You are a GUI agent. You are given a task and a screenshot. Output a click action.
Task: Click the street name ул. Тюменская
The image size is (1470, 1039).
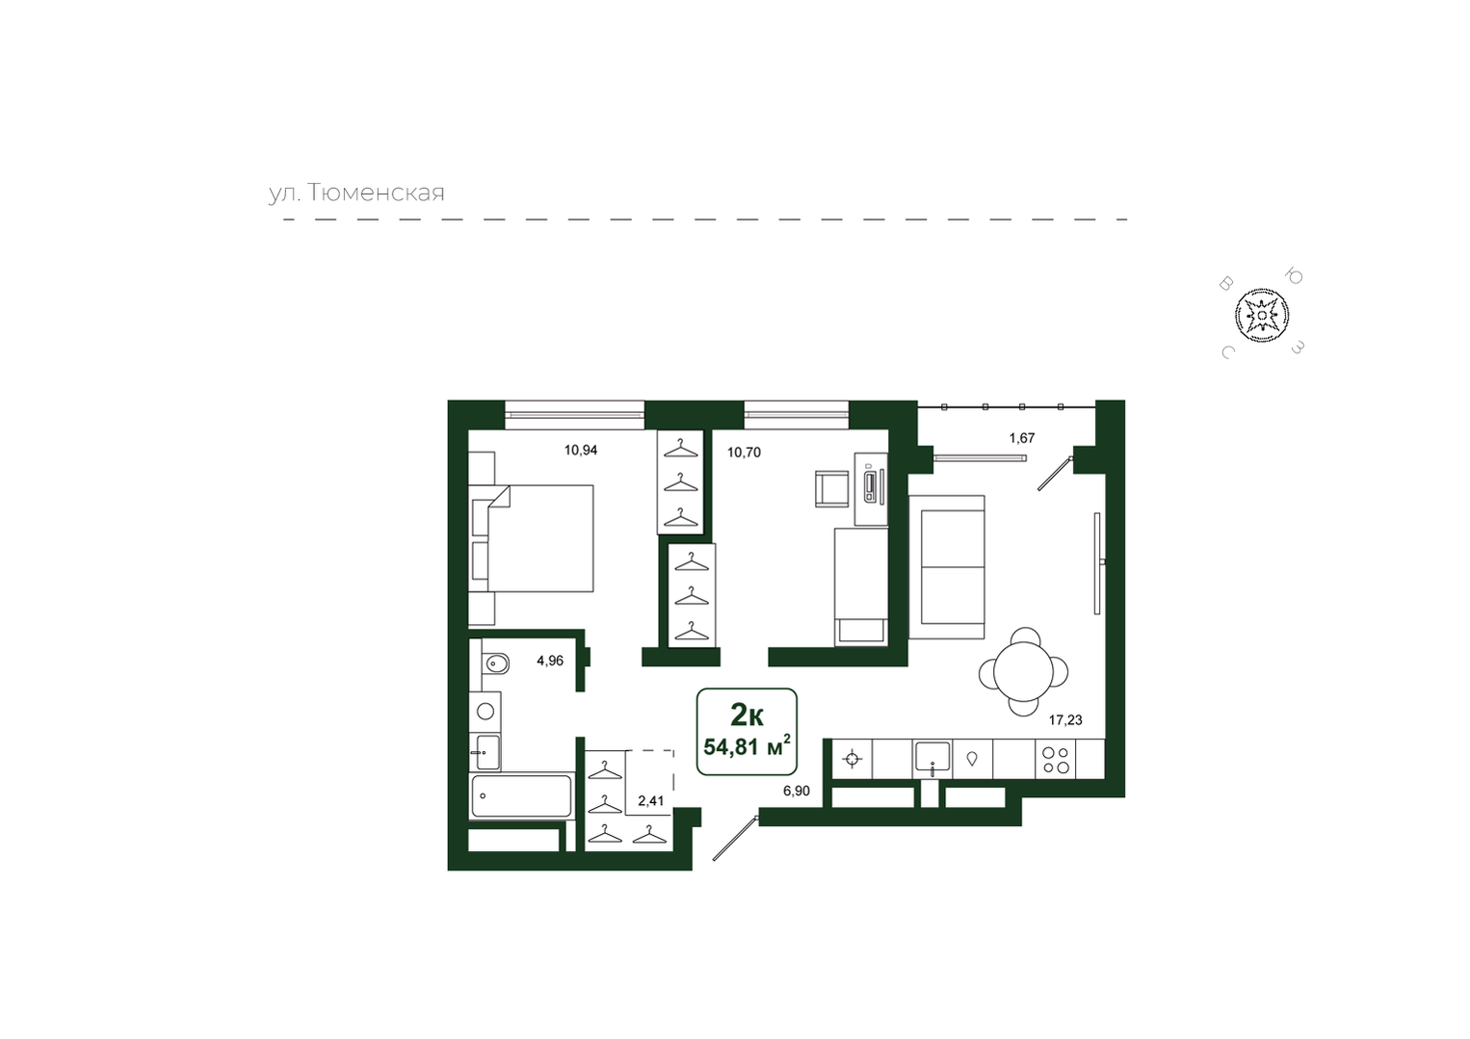pyautogui.click(x=356, y=194)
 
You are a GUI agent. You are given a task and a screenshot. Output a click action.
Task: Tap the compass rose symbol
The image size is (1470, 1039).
pyautogui.click(x=1261, y=316)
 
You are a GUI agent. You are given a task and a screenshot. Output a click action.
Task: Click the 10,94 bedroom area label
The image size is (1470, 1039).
pyautogui.click(x=581, y=450)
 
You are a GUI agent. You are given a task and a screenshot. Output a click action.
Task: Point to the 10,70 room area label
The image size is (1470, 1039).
pyautogui.click(x=745, y=452)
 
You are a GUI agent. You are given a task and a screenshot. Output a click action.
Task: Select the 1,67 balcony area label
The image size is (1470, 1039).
pyautogui.click(x=1022, y=438)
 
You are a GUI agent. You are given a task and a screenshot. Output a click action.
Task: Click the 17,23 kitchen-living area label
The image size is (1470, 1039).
pyautogui.click(x=1065, y=720)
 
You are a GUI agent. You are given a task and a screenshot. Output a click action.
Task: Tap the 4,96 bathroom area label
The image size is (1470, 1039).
pyautogui.click(x=550, y=661)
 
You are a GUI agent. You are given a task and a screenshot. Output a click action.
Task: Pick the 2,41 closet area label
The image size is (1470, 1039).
pyautogui.click(x=651, y=801)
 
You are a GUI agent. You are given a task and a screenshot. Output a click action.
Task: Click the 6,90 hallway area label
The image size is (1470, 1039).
pyautogui.click(x=796, y=792)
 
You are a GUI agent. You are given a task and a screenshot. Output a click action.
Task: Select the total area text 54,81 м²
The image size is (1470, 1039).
pyautogui.click(x=747, y=746)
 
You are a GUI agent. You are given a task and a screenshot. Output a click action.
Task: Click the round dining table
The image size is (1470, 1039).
pyautogui.click(x=1023, y=672)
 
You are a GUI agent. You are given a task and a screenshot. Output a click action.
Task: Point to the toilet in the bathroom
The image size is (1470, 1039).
pyautogui.click(x=496, y=664)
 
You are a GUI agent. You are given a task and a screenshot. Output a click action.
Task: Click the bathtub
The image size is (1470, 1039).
pyautogui.click(x=521, y=795)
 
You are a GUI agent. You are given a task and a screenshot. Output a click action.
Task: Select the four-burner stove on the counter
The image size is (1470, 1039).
pyautogui.click(x=1056, y=760)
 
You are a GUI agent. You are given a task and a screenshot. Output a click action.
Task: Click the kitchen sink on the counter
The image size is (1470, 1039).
pyautogui.click(x=932, y=759)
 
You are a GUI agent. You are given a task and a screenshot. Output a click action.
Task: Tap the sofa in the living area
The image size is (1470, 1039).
pyautogui.click(x=946, y=567)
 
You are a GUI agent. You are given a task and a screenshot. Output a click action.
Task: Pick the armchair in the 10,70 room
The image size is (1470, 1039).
pyautogui.click(x=833, y=488)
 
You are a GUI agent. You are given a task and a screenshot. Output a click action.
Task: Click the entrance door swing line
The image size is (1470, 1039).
pyautogui.click(x=736, y=838)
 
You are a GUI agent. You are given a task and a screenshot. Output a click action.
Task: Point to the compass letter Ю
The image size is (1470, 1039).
pyautogui.click(x=1294, y=276)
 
